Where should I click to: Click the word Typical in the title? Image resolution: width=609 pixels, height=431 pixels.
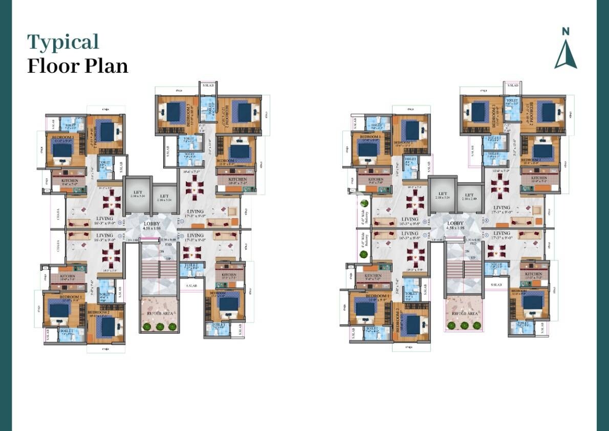pyautogui.click(x=63, y=42)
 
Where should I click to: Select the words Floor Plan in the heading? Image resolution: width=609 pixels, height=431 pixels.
pyautogui.click(x=77, y=67)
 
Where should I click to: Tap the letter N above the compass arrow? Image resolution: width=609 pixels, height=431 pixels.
pyautogui.click(x=565, y=31)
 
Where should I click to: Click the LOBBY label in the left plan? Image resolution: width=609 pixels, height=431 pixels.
pyautogui.click(x=152, y=224)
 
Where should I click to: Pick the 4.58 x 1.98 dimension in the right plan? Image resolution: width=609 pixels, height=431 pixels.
pyautogui.click(x=455, y=229)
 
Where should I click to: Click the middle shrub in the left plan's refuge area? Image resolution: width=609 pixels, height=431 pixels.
pyautogui.click(x=159, y=326)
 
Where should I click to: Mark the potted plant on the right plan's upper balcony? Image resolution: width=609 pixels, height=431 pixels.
pyautogui.click(x=364, y=202)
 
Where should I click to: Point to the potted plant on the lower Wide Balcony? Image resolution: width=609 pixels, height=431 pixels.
pyautogui.click(x=364, y=253)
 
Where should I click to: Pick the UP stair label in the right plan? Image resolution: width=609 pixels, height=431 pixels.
pyautogui.click(x=472, y=258)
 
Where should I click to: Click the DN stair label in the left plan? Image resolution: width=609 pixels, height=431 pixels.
pyautogui.click(x=162, y=251)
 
